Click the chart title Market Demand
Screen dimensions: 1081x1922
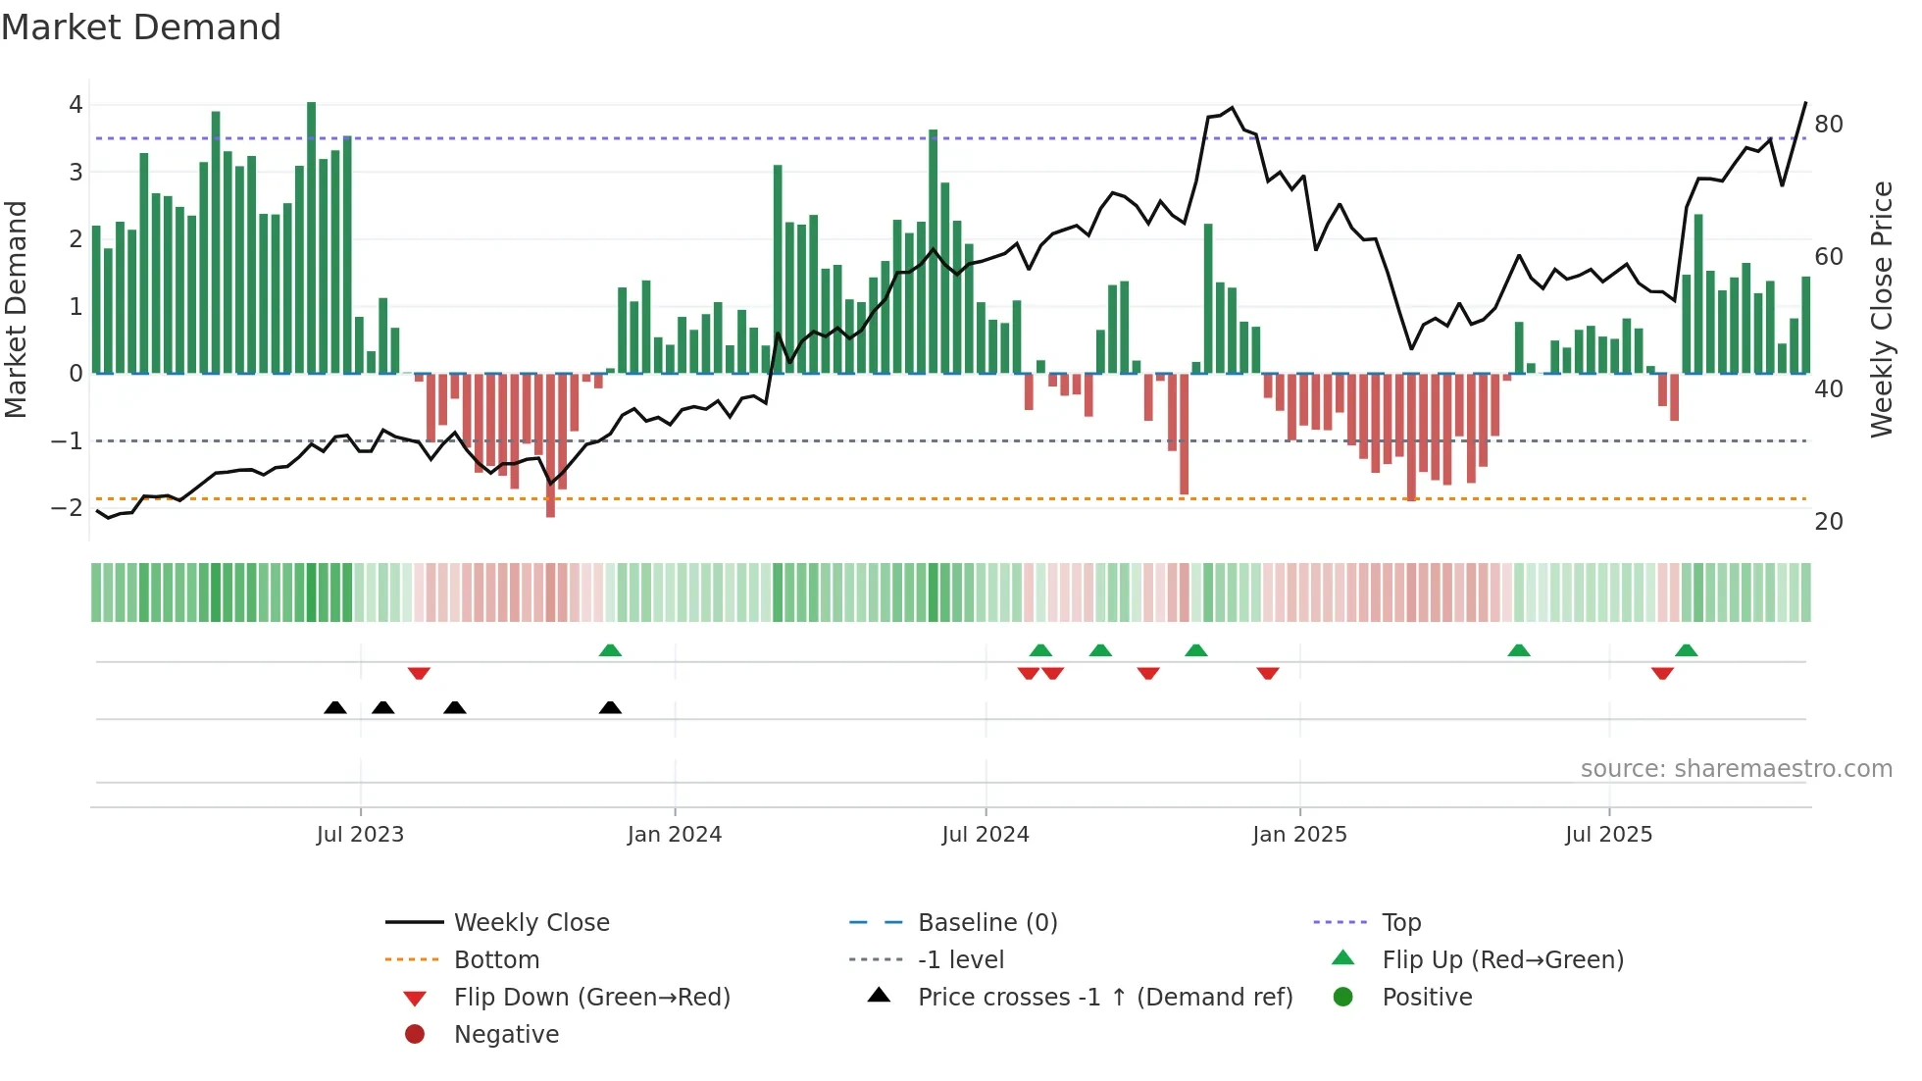pos(141,27)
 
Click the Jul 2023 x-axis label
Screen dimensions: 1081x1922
pos(360,835)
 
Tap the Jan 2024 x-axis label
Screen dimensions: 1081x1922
pos(675,835)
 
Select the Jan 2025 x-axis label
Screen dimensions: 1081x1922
pos(1299,835)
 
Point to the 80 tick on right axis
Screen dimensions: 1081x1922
pos(1828,125)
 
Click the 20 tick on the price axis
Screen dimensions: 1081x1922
pos(1828,522)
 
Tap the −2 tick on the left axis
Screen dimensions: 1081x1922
pos(67,508)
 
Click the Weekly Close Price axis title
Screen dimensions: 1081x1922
pos(1881,309)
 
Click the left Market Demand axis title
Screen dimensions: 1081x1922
pos(17,309)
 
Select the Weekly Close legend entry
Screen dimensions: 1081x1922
pos(531,923)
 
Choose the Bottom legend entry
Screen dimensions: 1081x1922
pos(496,960)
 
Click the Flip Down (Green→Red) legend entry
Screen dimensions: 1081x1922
pos(591,998)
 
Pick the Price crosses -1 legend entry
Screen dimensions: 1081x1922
pos(1104,998)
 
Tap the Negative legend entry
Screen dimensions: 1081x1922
pos(506,1035)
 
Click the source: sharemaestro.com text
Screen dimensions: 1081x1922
pos(1736,769)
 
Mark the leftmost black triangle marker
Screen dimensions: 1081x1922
pos(335,708)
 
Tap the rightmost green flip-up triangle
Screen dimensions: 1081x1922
pos(1686,650)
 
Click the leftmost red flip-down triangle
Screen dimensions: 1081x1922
pos(419,673)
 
